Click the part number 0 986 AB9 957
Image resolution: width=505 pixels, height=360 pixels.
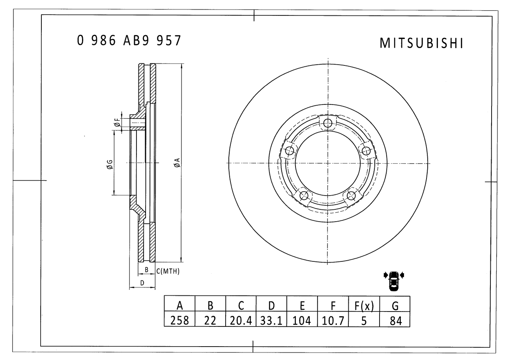pyautogui.click(x=129, y=41)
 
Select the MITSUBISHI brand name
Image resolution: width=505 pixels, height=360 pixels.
pyautogui.click(x=421, y=43)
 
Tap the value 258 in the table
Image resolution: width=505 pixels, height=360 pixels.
pyautogui.click(x=180, y=321)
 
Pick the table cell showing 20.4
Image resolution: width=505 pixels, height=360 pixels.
pyautogui.click(x=241, y=321)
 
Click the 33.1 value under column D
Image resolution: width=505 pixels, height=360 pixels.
pyautogui.click(x=271, y=321)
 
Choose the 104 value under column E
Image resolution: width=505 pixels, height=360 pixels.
pyautogui.click(x=302, y=321)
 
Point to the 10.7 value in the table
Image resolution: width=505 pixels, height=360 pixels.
pyautogui.click(x=333, y=321)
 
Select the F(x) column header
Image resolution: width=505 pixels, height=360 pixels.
pyautogui.click(x=364, y=306)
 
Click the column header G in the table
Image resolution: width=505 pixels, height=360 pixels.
pyautogui.click(x=395, y=306)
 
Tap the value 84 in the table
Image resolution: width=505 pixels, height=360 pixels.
pyautogui.click(x=395, y=321)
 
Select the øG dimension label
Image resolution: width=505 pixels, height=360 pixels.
pyautogui.click(x=110, y=164)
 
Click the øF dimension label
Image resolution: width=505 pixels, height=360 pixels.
pyautogui.click(x=117, y=123)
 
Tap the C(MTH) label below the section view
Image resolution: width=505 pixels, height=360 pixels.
pyautogui.click(x=168, y=271)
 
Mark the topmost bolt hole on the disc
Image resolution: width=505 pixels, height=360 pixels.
pyautogui.click(x=328, y=123)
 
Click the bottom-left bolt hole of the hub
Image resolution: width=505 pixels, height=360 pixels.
pyautogui.click(x=304, y=196)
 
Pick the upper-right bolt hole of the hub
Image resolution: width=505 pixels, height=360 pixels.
pyautogui.click(x=366, y=151)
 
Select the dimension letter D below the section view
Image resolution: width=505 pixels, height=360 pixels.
pyautogui.click(x=142, y=283)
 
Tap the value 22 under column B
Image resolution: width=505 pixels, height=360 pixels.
pyautogui.click(x=210, y=321)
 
